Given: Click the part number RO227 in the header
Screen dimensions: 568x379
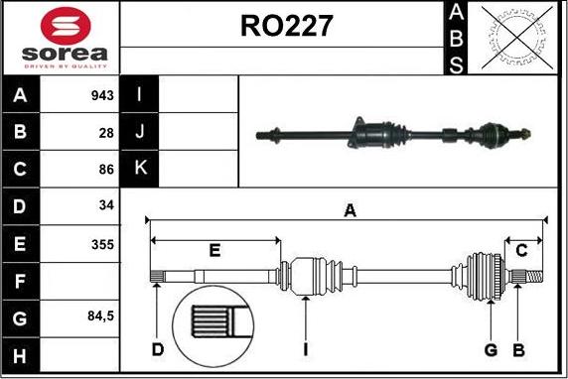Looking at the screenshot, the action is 286,26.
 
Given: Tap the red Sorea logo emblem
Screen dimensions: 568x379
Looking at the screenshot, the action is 66,26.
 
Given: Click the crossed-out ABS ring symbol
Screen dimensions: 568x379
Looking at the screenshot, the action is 517,38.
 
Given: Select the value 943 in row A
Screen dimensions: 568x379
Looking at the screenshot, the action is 102,95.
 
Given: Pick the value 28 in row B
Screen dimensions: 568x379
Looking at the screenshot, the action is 106,133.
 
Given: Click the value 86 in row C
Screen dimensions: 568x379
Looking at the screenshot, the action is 106,169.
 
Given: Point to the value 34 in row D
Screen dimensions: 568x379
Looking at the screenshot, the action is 106,205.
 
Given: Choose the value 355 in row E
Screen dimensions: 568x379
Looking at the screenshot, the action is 102,244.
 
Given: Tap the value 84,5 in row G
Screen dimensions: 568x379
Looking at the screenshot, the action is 100,316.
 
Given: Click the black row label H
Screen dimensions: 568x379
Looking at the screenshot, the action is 20,355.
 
